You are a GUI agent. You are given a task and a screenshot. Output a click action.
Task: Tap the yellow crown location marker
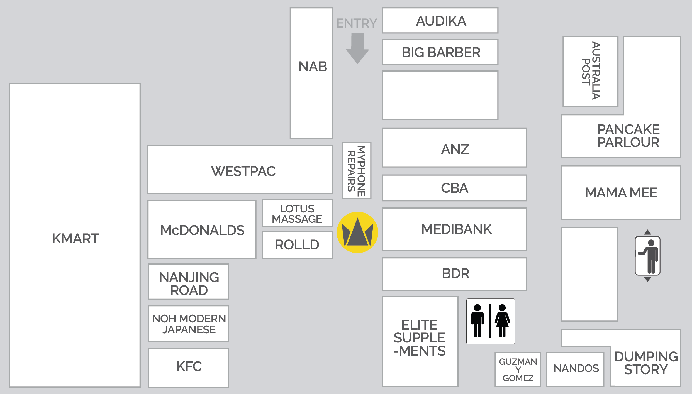click(357, 233)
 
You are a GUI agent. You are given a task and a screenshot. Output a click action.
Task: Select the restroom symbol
click(491, 321)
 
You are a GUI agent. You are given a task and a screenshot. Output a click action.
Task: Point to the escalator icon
click(647, 256)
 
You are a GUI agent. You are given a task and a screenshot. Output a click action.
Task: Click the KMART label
click(75, 239)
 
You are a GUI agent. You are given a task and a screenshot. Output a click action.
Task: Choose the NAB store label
click(313, 67)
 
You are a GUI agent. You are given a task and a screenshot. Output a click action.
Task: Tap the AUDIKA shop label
click(441, 21)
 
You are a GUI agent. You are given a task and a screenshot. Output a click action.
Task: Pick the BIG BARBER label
click(441, 52)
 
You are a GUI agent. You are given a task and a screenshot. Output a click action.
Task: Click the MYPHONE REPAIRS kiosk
click(356, 171)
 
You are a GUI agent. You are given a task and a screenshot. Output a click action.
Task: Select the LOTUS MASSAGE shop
click(297, 214)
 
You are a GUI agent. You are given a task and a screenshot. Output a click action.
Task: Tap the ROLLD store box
click(297, 245)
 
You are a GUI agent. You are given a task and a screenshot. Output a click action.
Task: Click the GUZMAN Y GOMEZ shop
click(518, 369)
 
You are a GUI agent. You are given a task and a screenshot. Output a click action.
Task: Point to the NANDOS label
click(576, 368)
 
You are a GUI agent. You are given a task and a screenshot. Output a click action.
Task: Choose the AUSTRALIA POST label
click(591, 71)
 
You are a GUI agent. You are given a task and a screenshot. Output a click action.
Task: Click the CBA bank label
click(454, 188)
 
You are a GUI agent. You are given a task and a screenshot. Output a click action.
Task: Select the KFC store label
click(189, 367)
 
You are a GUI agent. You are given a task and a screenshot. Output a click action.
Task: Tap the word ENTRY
click(357, 23)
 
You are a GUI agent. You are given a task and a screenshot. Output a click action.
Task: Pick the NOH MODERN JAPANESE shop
click(189, 324)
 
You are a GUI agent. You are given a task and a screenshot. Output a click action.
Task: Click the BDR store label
click(455, 274)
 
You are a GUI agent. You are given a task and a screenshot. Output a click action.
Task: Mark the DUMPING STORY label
click(646, 363)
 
